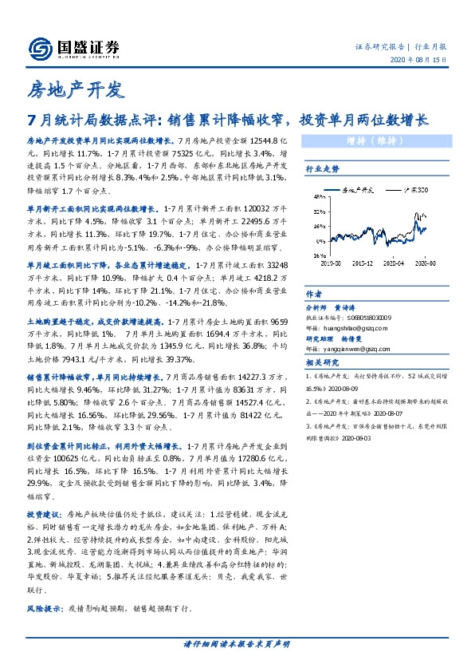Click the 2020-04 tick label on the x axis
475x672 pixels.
tap(395, 261)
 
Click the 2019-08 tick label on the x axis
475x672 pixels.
tap(328, 261)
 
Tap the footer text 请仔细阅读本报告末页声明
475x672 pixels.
tap(237, 643)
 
